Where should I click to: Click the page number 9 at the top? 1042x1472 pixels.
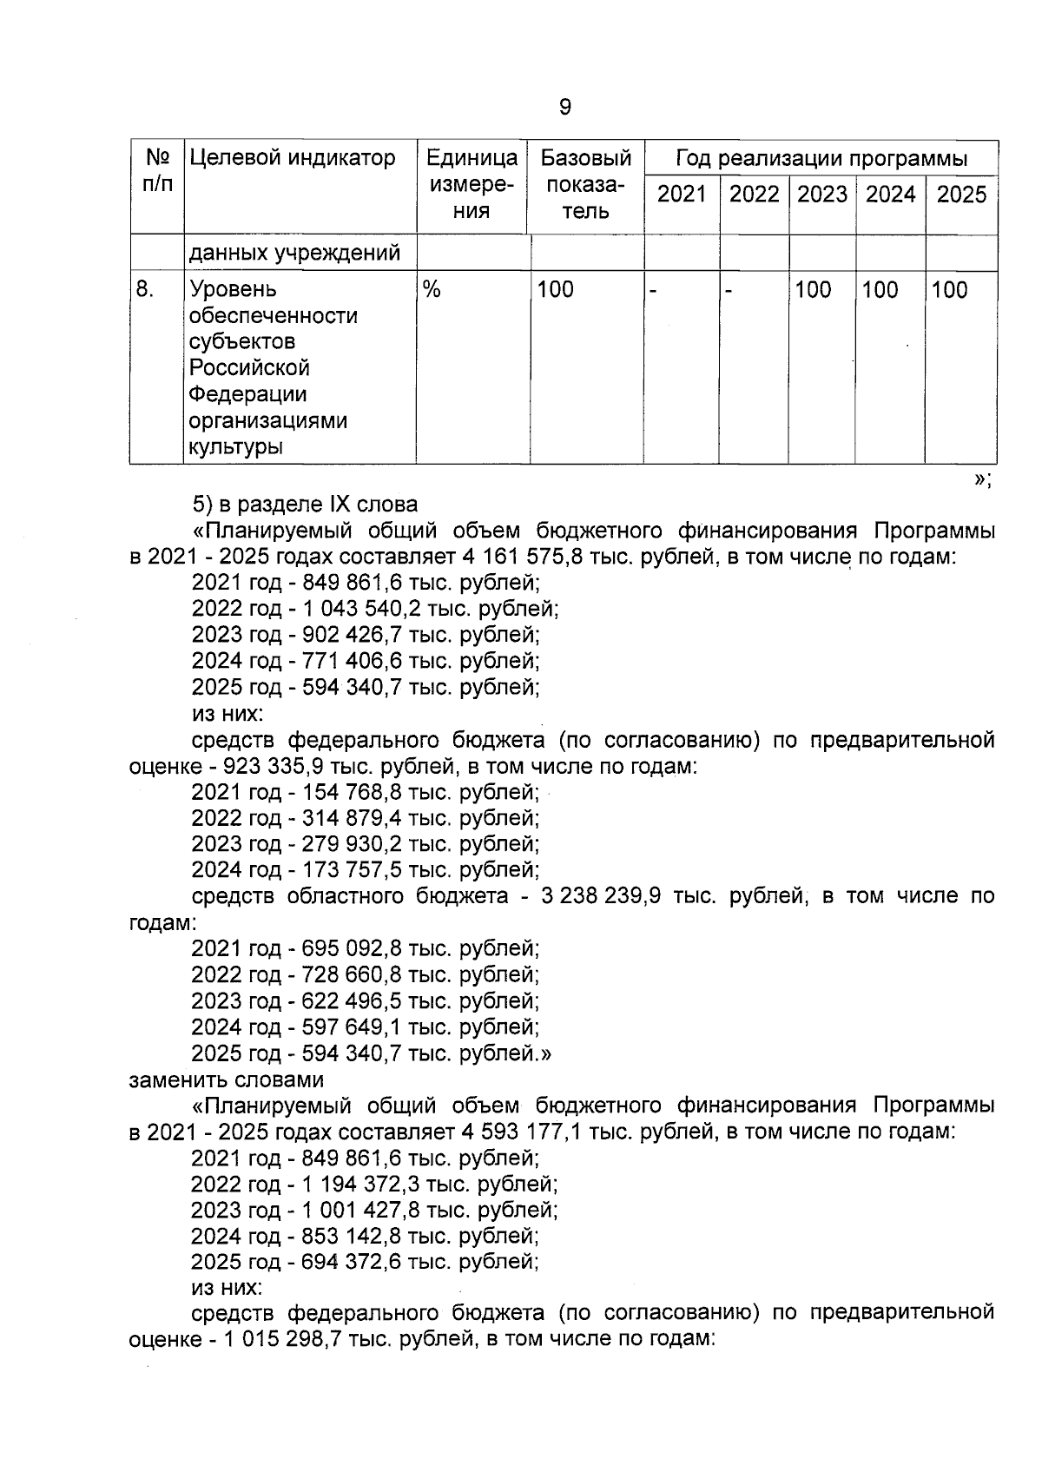[564, 107]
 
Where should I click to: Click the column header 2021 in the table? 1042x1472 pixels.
[681, 194]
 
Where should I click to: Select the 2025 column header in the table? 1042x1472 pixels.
[961, 194]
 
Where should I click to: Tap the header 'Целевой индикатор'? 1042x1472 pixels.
[292, 158]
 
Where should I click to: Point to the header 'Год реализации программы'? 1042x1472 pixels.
[821, 159]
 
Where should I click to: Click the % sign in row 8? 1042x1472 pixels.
[431, 290]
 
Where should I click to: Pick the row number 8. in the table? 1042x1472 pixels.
[145, 289]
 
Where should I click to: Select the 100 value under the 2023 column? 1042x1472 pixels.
[813, 290]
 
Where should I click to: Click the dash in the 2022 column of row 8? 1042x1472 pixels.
[730, 290]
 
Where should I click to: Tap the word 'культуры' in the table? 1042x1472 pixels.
[236, 447]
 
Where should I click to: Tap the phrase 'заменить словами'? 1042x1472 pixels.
[227, 1079]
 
